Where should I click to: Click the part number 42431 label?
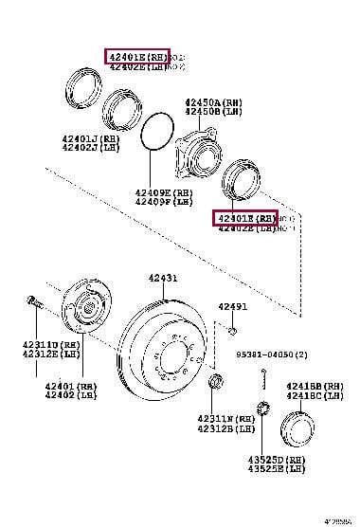point(162,279)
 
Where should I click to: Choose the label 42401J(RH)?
point(90,137)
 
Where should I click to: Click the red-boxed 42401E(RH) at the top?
point(136,57)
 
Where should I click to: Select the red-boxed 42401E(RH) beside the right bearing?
point(243,218)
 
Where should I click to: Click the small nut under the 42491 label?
point(232,329)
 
